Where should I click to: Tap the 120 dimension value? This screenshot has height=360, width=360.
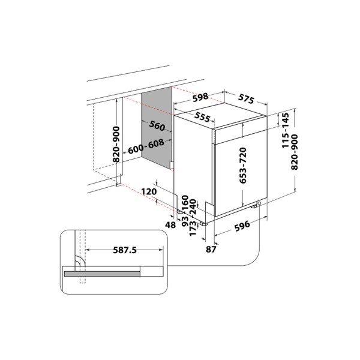pyautogui.click(x=149, y=191)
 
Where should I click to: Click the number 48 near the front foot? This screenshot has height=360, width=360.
pyautogui.click(x=170, y=226)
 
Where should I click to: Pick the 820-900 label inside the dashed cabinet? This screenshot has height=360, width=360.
pyautogui.click(x=116, y=145)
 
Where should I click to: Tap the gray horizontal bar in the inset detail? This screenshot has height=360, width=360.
pyautogui.click(x=102, y=273)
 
